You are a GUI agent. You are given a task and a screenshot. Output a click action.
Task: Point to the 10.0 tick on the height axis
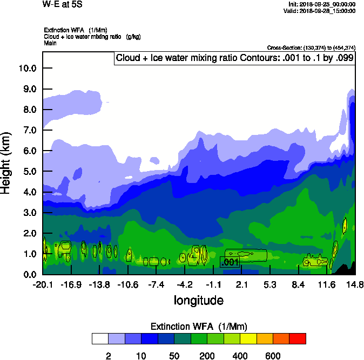[x=27, y=68]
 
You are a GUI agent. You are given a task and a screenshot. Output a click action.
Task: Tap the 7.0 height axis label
[x=27, y=130]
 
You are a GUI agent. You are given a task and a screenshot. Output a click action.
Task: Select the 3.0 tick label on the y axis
[x=27, y=213]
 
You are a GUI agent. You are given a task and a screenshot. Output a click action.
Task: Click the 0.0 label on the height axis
[x=27, y=274]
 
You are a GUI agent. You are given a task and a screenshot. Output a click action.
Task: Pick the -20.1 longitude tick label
[x=43, y=284]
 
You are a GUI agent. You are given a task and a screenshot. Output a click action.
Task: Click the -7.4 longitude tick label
[x=156, y=284]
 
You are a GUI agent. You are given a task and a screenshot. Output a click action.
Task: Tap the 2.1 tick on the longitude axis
[x=241, y=284]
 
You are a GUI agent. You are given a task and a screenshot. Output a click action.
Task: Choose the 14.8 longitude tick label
[x=355, y=284]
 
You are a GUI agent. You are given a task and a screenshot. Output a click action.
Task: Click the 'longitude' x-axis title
[x=198, y=300]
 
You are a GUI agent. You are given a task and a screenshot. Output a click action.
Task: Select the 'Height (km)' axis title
[x=6, y=162]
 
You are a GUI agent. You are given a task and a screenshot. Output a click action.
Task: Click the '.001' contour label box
[x=230, y=262]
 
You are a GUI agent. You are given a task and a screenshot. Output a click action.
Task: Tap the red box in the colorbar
[x=298, y=339]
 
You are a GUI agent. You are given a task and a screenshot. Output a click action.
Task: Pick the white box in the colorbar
[x=100, y=339]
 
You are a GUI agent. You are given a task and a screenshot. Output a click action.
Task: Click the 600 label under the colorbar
[x=273, y=356]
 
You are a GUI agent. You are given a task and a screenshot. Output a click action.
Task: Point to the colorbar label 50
[x=174, y=356]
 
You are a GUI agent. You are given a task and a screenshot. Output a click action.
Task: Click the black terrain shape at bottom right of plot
[x=348, y=269]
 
